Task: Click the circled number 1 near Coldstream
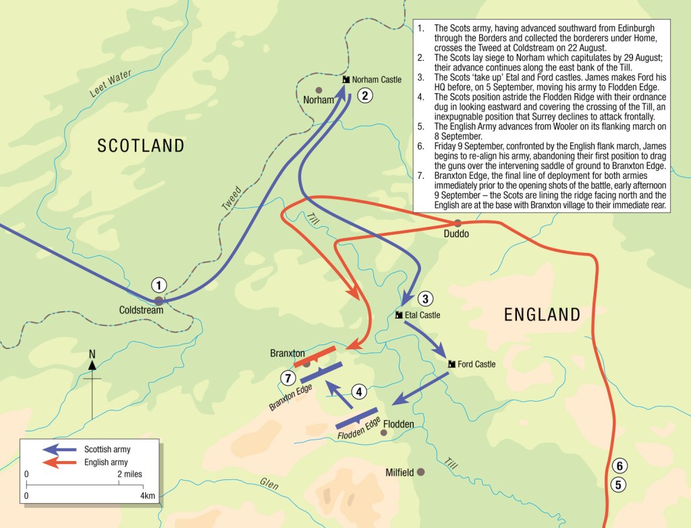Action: click(159, 285)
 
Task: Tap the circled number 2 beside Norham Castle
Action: click(364, 95)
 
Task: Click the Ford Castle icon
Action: click(451, 364)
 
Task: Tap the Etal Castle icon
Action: click(399, 315)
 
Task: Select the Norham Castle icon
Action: click(346, 80)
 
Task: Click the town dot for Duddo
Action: click(458, 223)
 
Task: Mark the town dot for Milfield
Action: click(421, 472)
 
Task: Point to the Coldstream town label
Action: click(141, 310)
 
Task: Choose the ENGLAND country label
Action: click(542, 314)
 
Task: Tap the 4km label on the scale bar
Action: click(147, 496)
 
